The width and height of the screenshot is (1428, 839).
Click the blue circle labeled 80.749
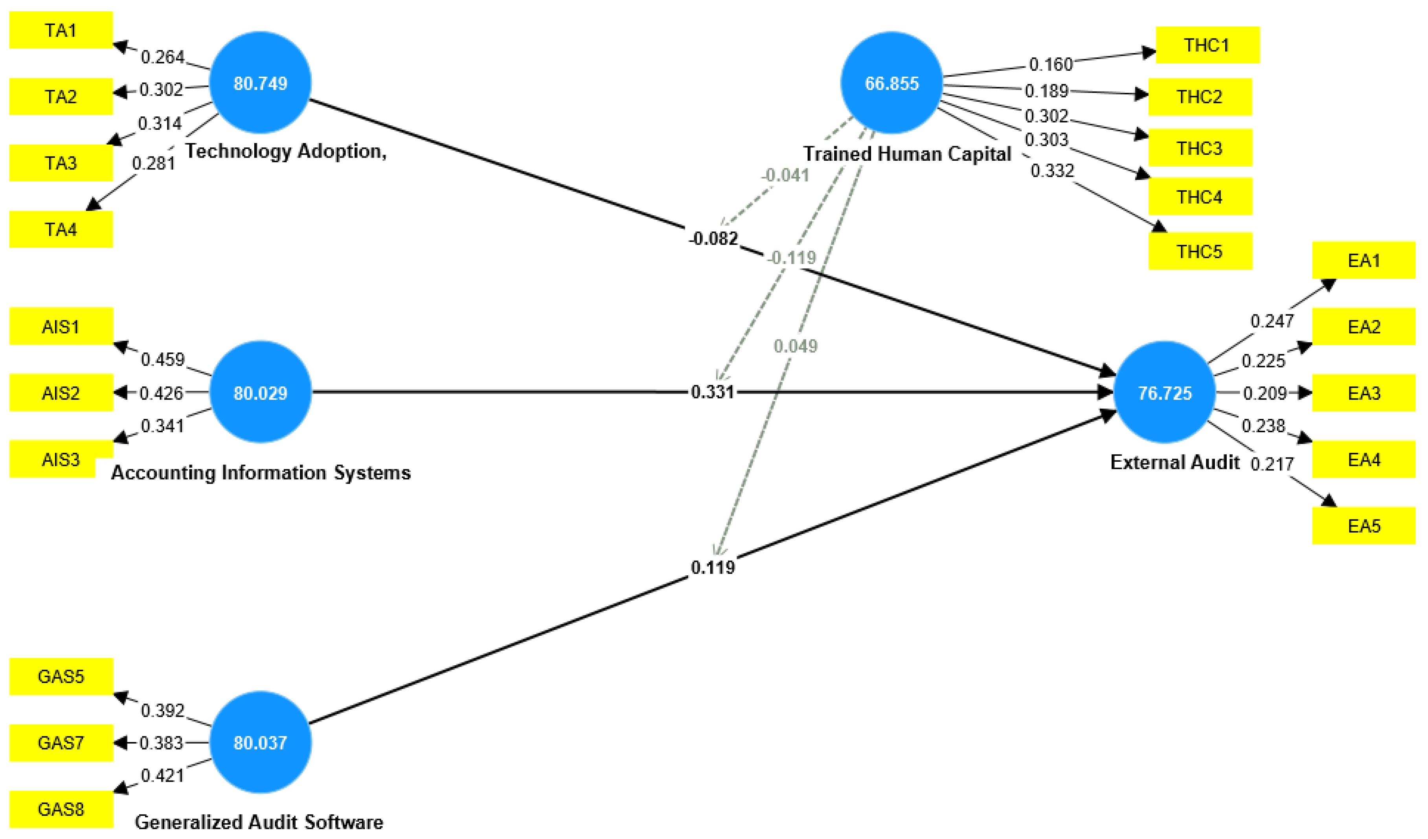(260, 83)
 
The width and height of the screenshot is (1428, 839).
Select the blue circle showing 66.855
(891, 83)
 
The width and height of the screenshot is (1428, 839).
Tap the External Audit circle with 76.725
(1165, 393)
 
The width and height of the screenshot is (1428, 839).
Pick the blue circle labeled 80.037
(260, 742)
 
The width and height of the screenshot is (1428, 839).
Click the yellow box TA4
(61, 229)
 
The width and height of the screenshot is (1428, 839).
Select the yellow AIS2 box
(61, 393)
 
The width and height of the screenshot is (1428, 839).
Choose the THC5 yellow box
(1200, 252)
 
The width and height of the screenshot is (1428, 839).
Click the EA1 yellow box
(1364, 261)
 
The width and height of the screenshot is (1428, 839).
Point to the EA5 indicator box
(1364, 526)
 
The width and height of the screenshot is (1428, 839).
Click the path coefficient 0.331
(712, 392)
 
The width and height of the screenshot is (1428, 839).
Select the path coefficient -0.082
(713, 239)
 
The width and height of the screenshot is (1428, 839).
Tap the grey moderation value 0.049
(795, 346)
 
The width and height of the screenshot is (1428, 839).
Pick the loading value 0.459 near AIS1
(163, 360)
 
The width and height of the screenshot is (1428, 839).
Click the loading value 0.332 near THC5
(1052, 171)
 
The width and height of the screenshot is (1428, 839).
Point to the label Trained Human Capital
(907, 154)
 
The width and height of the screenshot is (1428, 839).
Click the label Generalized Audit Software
(259, 821)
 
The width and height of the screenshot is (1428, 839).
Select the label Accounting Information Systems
(261, 472)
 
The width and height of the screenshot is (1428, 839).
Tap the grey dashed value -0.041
(785, 175)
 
